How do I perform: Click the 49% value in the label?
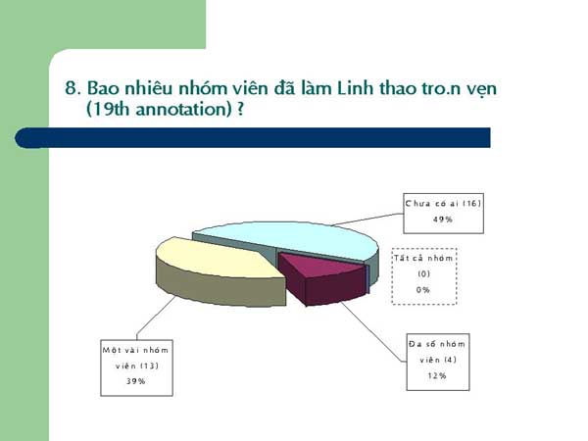tap(443, 220)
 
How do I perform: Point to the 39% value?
tap(136, 381)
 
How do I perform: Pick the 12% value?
tap(437, 375)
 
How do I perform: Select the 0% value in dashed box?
tap(423, 289)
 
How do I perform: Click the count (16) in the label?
tap(471, 203)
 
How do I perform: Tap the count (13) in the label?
tap(149, 366)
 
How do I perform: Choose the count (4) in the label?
tap(450, 360)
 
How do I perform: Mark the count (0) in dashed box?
tap(423, 273)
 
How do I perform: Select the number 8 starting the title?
tap(71, 88)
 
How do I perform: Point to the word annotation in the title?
tap(183, 110)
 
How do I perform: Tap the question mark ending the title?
tap(240, 109)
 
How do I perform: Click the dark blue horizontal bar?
tap(253, 137)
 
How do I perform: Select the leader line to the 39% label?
tap(157, 318)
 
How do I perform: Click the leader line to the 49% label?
tap(367, 220)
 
